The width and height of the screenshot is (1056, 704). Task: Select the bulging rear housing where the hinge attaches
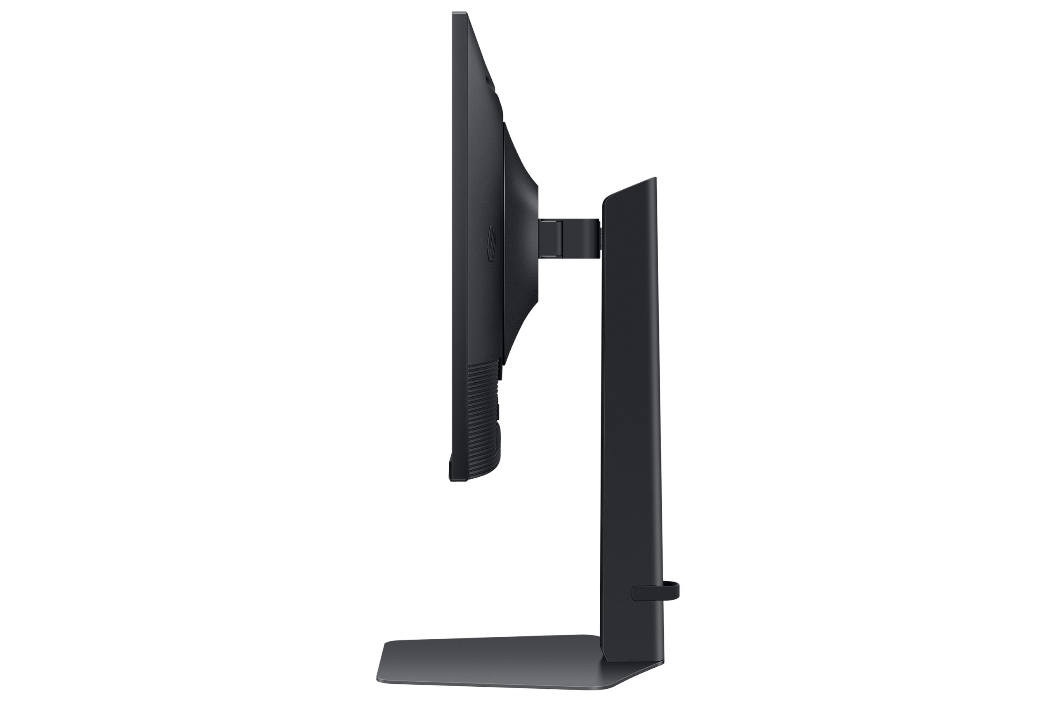[x=521, y=238]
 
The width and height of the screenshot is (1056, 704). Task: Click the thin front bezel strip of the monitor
[x=453, y=224]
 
